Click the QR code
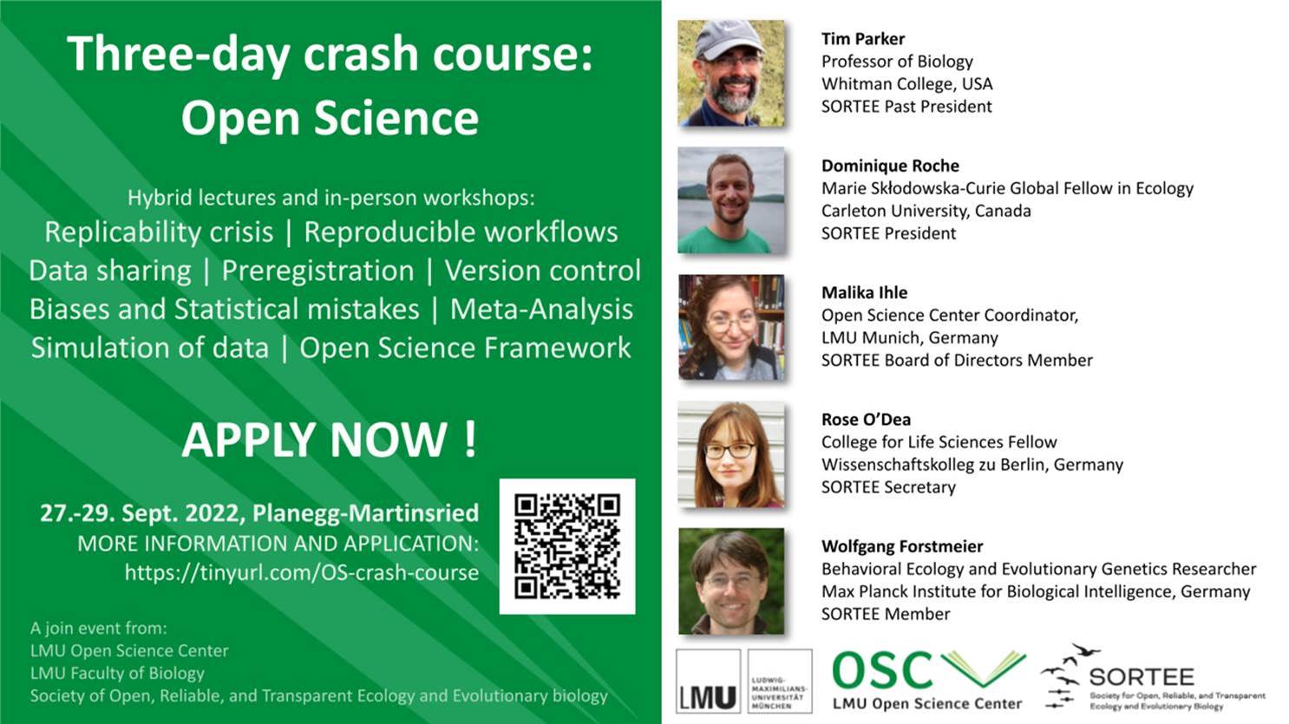pos(567,546)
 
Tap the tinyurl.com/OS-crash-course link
pos(302,573)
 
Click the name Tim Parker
pos(862,39)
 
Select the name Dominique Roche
pos(890,166)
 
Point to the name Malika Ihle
pos(864,293)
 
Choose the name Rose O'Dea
pos(866,420)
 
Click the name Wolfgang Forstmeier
pos(902,547)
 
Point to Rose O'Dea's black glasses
pos(730,451)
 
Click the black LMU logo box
pos(708,682)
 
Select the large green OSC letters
pos(881,670)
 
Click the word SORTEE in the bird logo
pos(1142,677)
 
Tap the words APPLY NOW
pos(329,440)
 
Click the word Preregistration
pos(317,271)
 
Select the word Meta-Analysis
pos(541,310)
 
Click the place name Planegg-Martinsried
pos(366,513)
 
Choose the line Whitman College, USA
pos(907,84)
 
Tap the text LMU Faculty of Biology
pos(117,674)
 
